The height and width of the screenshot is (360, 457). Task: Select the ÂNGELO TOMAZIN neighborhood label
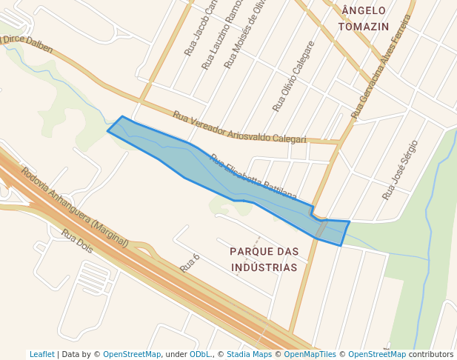pos(363,19)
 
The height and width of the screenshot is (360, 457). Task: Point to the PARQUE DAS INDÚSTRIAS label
pos(264,259)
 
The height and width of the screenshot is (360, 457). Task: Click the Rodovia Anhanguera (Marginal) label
pos(74,207)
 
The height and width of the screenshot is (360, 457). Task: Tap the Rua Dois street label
pos(77,241)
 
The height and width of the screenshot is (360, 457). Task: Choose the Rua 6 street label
pos(190,262)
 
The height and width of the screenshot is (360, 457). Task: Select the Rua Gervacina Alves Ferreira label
pos(381,67)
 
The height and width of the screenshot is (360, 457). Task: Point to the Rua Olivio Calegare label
pos(293,76)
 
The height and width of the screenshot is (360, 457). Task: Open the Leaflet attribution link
pos(41,354)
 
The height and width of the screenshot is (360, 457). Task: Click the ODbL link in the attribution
pos(200,354)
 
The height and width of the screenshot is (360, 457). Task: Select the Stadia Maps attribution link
pos(249,354)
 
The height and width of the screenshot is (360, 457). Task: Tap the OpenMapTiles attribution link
pos(310,354)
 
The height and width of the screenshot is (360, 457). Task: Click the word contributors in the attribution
pos(431,354)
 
